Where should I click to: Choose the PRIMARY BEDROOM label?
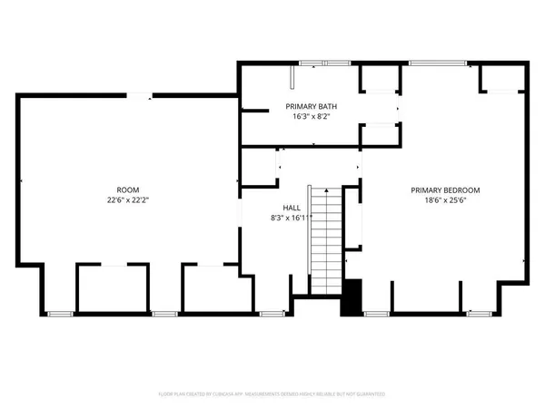(x=445, y=190)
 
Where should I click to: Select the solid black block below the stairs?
(x=352, y=297)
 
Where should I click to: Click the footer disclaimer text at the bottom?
(x=272, y=394)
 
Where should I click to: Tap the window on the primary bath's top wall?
(x=313, y=63)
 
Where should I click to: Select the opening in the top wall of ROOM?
(x=139, y=95)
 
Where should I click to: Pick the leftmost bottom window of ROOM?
(x=59, y=314)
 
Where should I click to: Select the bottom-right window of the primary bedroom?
(x=480, y=314)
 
